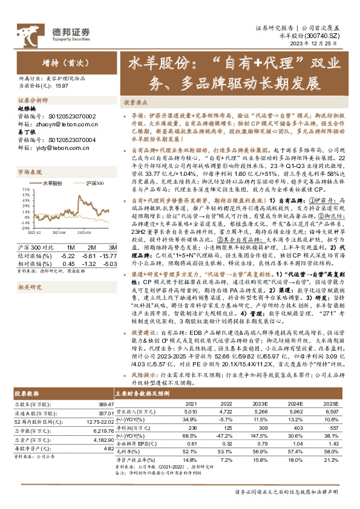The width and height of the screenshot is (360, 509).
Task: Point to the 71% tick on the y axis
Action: pos(26,189)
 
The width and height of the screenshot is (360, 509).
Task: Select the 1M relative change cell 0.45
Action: pos(68,264)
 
